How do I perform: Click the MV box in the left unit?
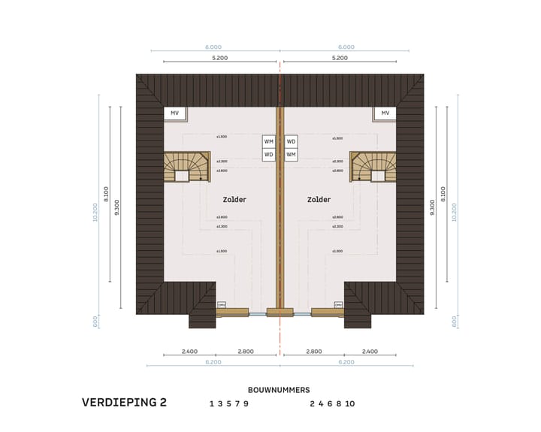tap(174, 113)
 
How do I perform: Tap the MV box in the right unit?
tap(385, 113)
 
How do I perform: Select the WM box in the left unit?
tap(268, 140)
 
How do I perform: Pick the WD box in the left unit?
tap(268, 154)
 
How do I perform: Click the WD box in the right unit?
tap(292, 140)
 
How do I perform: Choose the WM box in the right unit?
tap(292, 154)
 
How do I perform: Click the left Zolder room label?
tap(234, 200)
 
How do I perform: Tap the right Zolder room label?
tap(319, 200)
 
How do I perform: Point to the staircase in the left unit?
tap(187, 167)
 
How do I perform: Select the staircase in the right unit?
tap(373, 167)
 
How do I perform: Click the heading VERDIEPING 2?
tap(124, 403)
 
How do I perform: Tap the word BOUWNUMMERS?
tap(279, 390)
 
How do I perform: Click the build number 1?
tap(212, 403)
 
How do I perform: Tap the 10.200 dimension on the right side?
tap(455, 212)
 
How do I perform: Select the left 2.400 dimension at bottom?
tap(189, 352)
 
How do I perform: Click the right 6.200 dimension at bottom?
tap(346, 362)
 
